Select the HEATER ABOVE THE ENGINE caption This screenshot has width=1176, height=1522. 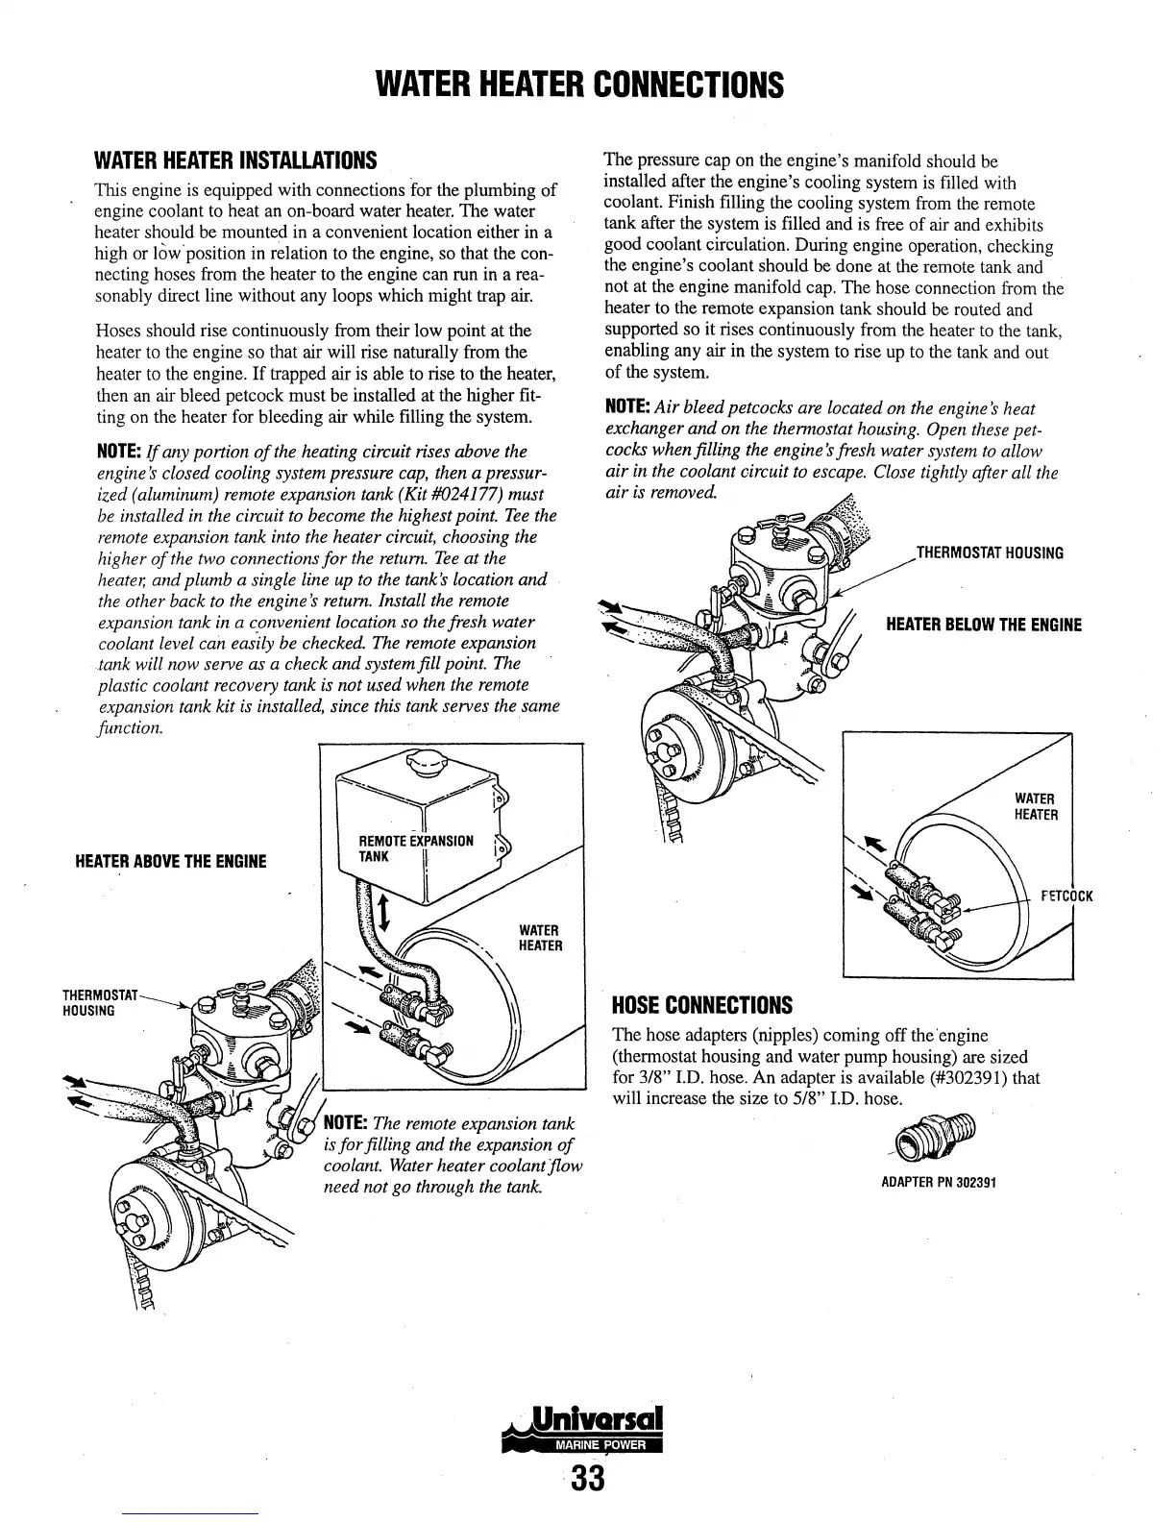(170, 860)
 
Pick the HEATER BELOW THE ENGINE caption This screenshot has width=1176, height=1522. (983, 626)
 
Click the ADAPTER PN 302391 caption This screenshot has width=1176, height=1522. (938, 1182)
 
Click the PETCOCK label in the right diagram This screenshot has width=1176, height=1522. (1066, 897)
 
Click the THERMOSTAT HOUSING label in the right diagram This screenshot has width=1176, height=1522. (990, 553)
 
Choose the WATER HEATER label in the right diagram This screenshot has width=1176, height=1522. (1037, 807)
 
